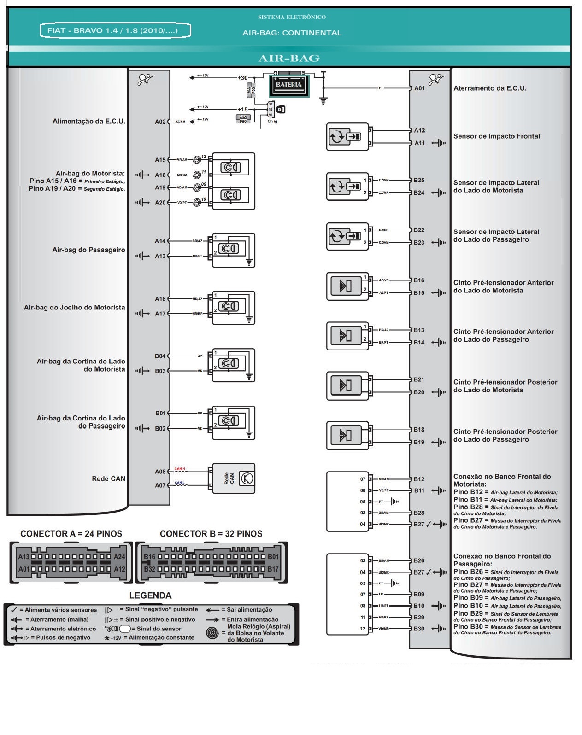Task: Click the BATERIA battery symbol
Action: [x=289, y=84]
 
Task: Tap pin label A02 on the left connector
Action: [x=160, y=122]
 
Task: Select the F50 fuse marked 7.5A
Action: [x=243, y=119]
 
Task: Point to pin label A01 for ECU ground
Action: [x=419, y=88]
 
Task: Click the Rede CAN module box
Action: [x=233, y=478]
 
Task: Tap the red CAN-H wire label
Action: [x=180, y=469]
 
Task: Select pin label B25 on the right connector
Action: [x=419, y=181]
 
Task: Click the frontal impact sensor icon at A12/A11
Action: [x=347, y=137]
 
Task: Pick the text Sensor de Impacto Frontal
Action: [x=496, y=136]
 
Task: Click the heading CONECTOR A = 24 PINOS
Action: [x=71, y=534]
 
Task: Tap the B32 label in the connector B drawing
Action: [x=149, y=569]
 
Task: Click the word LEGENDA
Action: [x=150, y=595]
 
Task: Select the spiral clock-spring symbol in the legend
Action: [x=212, y=633]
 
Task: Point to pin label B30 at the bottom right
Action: [x=419, y=629]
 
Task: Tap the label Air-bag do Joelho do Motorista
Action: [x=74, y=308]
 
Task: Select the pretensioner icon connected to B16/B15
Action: [x=347, y=286]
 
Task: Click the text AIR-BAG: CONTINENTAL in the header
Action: [x=292, y=33]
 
